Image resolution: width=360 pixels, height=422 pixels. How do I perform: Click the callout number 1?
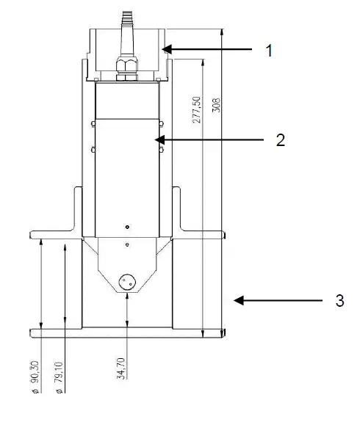click(x=269, y=51)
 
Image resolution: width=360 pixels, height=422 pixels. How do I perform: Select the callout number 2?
click(x=280, y=139)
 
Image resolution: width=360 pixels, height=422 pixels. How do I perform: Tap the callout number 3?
click(x=339, y=301)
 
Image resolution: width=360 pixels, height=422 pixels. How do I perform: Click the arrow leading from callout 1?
click(x=206, y=50)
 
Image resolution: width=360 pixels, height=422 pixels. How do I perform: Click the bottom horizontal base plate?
click(x=126, y=334)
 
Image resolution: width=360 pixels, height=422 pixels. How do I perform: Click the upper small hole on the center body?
click(x=128, y=227)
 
